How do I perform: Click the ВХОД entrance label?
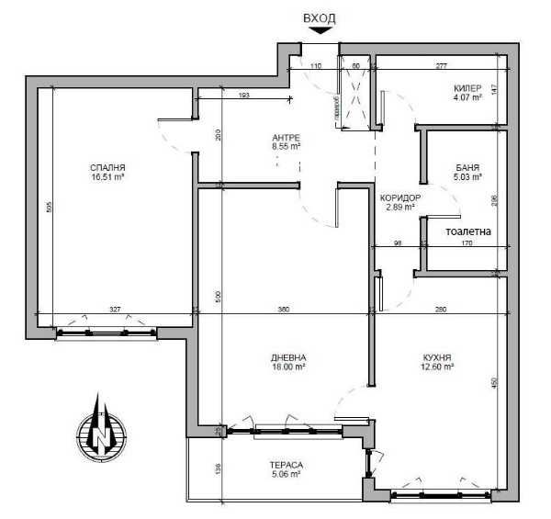click(320, 17)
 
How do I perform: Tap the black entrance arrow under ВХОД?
click(320, 31)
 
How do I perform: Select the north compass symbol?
click(99, 426)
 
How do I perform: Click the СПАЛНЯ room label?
click(107, 167)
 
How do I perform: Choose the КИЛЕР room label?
click(467, 89)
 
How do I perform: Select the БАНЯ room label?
click(467, 167)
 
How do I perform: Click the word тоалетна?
click(473, 232)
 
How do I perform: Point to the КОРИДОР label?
click(400, 197)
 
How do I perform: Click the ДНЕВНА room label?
click(287, 357)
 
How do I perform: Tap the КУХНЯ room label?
click(438, 357)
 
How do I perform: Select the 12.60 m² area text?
click(438, 366)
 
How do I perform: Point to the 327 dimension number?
click(114, 310)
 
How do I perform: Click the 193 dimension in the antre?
click(244, 96)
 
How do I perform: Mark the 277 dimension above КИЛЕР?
click(441, 66)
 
